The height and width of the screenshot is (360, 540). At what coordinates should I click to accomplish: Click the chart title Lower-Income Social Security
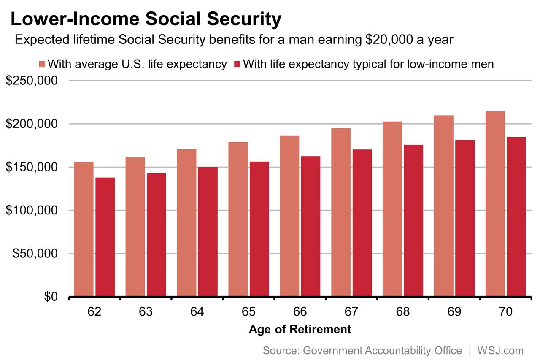[x=146, y=19]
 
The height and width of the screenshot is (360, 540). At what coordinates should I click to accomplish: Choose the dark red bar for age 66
[x=310, y=226]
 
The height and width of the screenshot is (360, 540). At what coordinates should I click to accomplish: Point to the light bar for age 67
[x=341, y=212]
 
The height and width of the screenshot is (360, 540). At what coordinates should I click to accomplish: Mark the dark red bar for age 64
[x=208, y=232]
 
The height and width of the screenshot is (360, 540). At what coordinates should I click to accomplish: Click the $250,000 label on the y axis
[x=32, y=81]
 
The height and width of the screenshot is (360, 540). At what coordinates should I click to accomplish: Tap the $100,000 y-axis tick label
[x=32, y=211]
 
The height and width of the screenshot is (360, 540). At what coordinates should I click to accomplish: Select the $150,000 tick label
[x=32, y=167]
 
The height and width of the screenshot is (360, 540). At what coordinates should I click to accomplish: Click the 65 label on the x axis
[x=248, y=312]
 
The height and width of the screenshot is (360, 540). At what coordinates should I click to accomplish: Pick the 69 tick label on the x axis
[x=454, y=312]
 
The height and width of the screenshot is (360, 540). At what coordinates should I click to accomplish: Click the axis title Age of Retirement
[x=300, y=329]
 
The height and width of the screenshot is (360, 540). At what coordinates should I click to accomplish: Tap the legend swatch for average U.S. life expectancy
[x=42, y=64]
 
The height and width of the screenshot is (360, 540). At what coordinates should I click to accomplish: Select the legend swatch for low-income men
[x=237, y=64]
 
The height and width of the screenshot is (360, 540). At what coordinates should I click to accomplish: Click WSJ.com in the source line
[x=500, y=350]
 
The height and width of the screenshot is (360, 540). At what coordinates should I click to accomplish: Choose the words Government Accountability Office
[x=382, y=350]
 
